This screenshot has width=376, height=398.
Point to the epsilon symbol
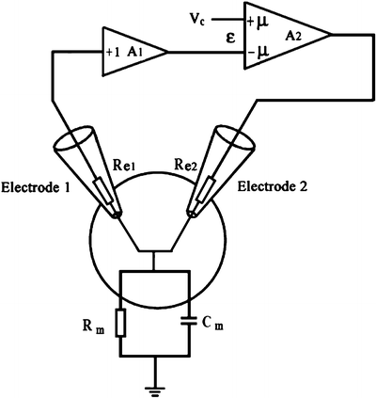pos(227,40)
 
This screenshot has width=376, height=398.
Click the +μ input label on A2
pos(256,18)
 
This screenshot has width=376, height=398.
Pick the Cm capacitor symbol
pos(194,323)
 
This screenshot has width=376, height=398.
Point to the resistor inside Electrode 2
pos(203,189)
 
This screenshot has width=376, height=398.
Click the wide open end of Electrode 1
pos(65,141)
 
